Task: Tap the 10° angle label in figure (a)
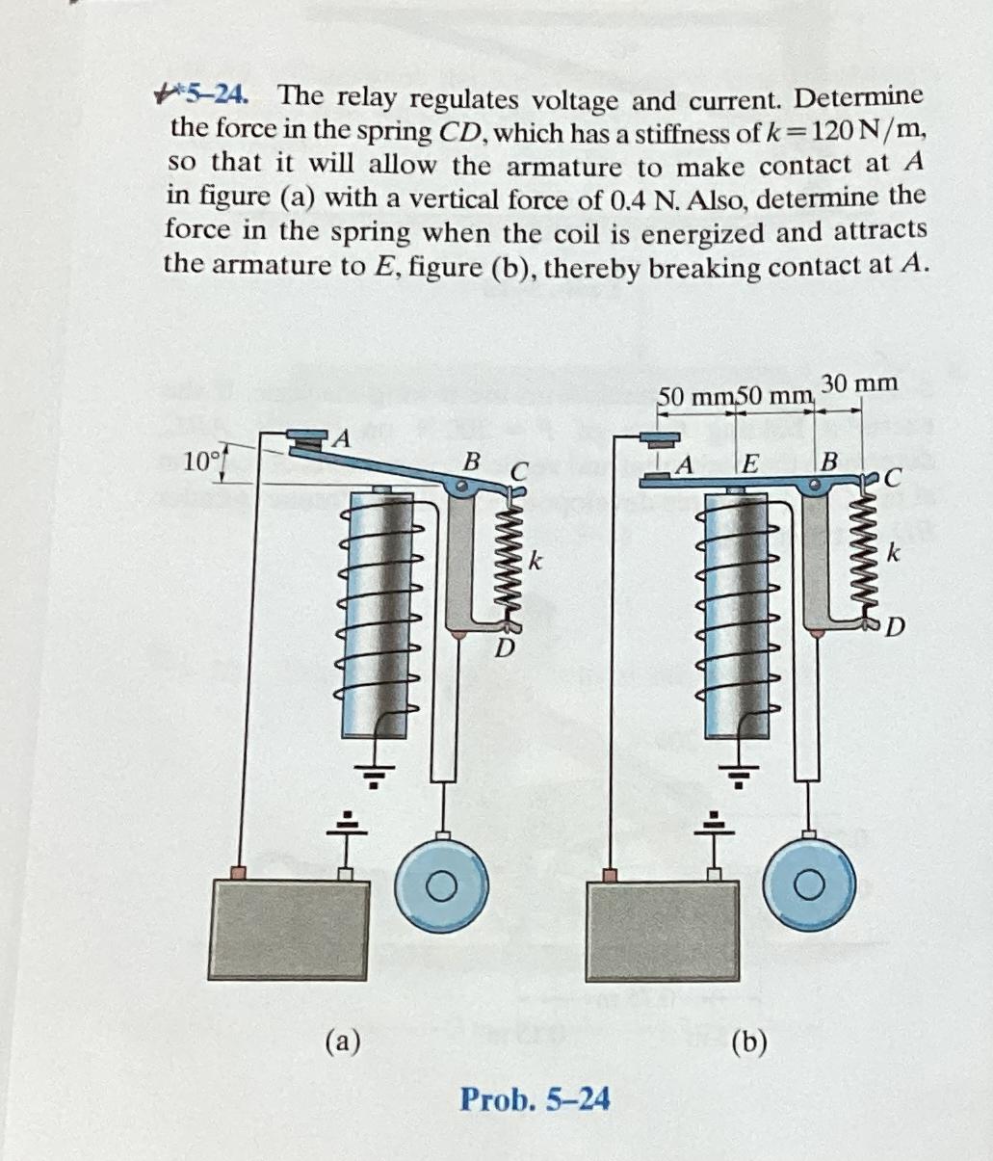point(201,460)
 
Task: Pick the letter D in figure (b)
point(895,629)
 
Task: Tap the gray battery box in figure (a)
point(289,929)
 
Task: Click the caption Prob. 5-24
point(535,1098)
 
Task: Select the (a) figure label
point(343,1042)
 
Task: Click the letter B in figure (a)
point(471,462)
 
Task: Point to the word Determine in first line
point(859,97)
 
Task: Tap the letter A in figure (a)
point(339,439)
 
